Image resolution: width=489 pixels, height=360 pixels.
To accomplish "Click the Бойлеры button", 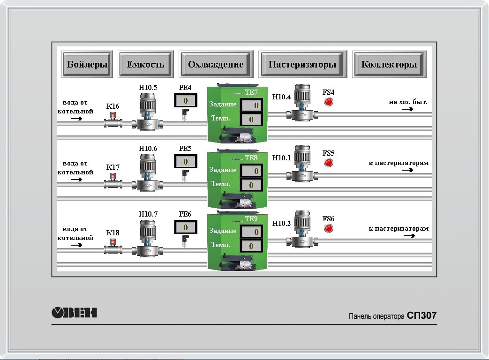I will point(87,65).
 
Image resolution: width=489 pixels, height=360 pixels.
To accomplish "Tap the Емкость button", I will point(145,65).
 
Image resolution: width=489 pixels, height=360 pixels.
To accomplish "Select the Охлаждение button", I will point(216,65).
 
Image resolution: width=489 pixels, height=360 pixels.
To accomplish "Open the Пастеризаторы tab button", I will point(302,65).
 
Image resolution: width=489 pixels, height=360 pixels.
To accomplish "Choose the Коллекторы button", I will point(389,65).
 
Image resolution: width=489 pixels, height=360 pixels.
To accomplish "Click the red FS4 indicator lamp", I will point(329,102).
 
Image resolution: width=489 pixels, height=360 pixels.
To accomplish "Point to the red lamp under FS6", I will point(329,228).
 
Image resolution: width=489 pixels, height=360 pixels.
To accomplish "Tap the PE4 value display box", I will point(186,100).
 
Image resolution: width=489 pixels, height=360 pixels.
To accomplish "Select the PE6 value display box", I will point(186,227).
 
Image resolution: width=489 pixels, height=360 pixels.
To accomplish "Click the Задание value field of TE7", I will point(251,105).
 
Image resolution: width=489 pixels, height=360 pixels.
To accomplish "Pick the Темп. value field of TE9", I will point(251,246).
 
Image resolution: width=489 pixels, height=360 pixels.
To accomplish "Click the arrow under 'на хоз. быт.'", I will point(407,109).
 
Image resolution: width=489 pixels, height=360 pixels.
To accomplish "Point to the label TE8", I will point(251,158).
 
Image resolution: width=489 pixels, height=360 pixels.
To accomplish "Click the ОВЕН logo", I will point(74,312).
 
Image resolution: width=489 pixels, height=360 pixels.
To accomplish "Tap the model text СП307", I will point(421,316).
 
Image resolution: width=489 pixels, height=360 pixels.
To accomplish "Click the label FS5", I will point(329,153).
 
